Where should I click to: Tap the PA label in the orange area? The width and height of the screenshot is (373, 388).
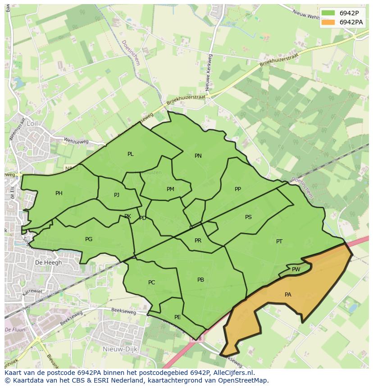[288, 295]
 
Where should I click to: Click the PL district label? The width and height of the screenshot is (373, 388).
[130, 154]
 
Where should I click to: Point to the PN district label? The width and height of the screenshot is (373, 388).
[198, 156]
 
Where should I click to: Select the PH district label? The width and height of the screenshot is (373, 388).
[59, 193]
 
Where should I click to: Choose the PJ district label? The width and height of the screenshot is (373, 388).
[117, 195]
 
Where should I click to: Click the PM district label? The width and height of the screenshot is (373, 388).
[170, 189]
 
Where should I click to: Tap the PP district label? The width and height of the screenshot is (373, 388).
[238, 189]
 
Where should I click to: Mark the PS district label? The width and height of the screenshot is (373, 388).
[248, 217]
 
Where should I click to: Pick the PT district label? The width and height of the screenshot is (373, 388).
[279, 242]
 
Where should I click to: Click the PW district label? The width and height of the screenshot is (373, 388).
[296, 269]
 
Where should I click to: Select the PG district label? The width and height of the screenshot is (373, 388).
[89, 239]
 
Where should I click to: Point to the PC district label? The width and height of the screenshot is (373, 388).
[151, 283]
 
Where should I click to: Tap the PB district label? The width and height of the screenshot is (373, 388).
[200, 280]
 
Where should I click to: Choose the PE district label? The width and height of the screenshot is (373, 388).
[177, 317]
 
